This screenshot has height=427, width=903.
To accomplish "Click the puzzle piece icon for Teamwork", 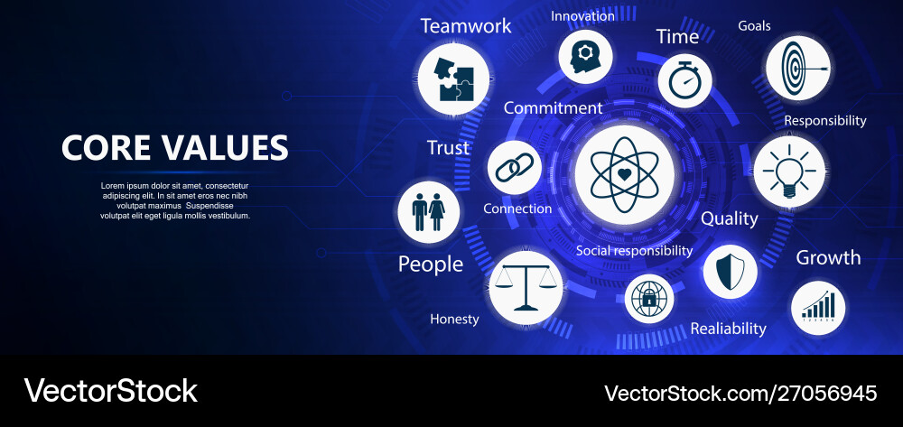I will (453, 79).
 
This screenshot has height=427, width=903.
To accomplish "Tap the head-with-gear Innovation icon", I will (582, 55).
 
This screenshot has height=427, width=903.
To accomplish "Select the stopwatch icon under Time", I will (684, 80).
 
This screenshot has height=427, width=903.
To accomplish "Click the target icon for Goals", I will (796, 68).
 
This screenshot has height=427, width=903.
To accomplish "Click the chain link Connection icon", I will (514, 169).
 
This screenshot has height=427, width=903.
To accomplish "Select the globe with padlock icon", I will (649, 299).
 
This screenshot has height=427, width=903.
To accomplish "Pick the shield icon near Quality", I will (730, 271).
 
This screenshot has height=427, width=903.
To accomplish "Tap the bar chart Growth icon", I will (818, 308).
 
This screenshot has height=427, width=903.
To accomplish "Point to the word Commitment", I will (553, 108).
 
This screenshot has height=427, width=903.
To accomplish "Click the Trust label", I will (448, 148).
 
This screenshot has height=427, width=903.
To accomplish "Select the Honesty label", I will (454, 319).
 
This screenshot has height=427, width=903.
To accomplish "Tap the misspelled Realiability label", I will (728, 329).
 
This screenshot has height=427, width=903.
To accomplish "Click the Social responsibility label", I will (634, 250).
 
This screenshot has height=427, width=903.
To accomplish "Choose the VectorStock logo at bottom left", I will (110, 391).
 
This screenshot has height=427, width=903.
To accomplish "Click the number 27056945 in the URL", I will (828, 393).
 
